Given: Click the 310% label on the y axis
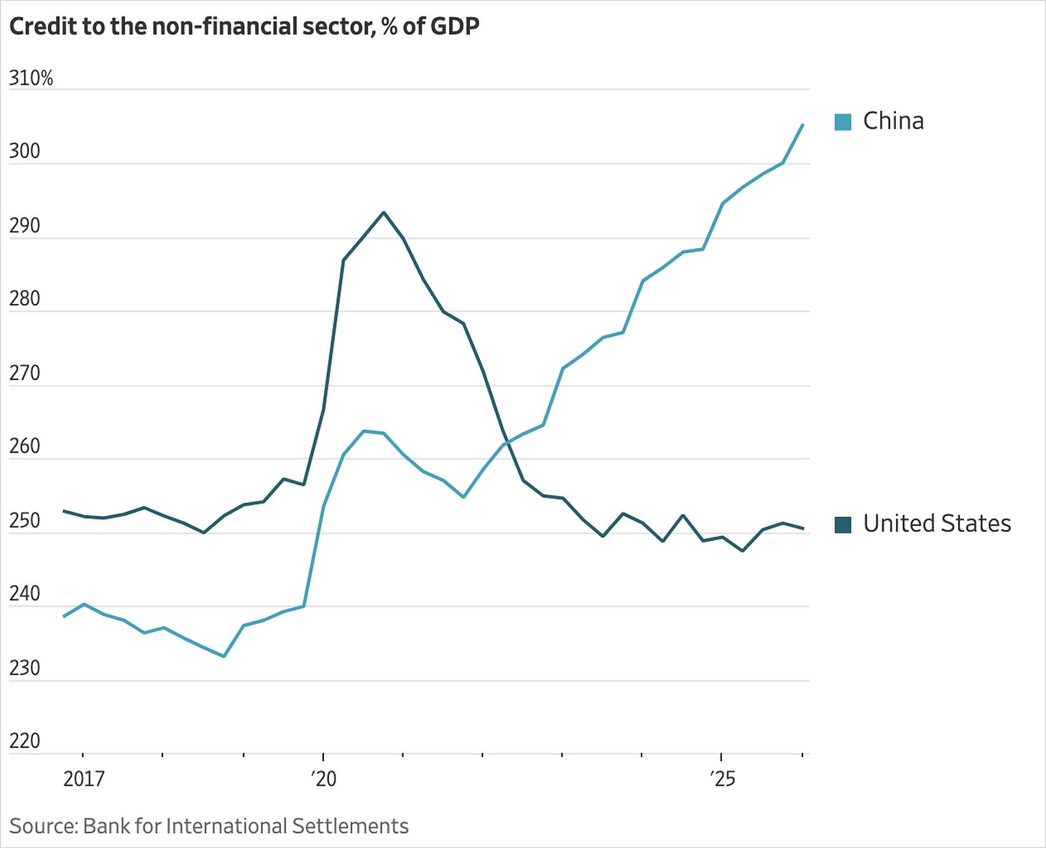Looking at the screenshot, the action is (x=31, y=78).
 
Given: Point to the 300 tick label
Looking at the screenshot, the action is (x=24, y=152).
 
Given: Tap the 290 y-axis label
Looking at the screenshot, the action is (x=24, y=226).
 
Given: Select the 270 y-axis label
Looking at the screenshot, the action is (x=24, y=374).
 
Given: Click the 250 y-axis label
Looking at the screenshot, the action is (x=24, y=521).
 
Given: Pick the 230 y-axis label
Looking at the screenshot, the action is (x=24, y=668).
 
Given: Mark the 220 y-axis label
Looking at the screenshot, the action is (x=24, y=742).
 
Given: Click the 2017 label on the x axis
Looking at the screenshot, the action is (x=84, y=779).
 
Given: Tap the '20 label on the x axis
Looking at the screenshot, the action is (x=323, y=779).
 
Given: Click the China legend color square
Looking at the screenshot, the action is (x=843, y=122).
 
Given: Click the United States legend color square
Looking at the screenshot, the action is (x=843, y=525).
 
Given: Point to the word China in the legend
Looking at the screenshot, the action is (x=893, y=121).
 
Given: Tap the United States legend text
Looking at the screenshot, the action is (x=937, y=524).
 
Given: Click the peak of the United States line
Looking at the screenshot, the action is (x=384, y=212).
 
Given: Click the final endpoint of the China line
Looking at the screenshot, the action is (x=802, y=125).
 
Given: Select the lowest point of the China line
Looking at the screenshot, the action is (x=224, y=656).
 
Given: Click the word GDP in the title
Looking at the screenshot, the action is (x=454, y=27).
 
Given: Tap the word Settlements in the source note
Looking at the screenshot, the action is (x=350, y=826).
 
